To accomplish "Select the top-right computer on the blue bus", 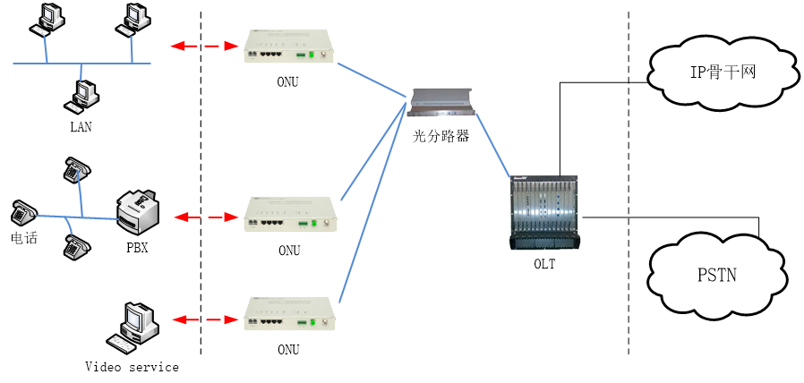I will click(x=134, y=18).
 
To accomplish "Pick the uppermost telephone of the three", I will click(x=78, y=167).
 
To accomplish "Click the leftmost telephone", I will click(x=23, y=213).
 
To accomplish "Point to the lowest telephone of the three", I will click(x=77, y=247).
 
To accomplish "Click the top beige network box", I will click(x=287, y=46).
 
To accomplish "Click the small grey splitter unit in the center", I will click(x=440, y=101).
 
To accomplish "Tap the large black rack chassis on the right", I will click(x=545, y=213).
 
